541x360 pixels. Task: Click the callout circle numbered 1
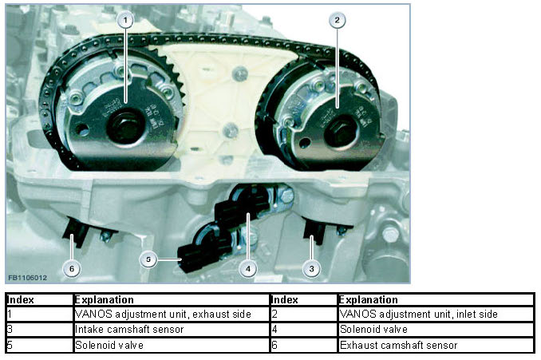coord(124,21)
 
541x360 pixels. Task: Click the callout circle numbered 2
coord(338,21)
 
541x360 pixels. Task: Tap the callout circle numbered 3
coord(313,269)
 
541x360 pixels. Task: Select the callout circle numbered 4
coord(249,269)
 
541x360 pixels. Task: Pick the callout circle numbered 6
coord(72,269)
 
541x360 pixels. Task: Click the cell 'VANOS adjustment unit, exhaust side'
coord(171,315)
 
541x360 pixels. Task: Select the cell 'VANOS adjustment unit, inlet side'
coord(436,315)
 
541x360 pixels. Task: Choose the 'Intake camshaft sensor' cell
coord(171,329)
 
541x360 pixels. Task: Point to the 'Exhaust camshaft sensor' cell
coord(436,345)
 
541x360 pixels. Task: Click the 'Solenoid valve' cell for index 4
coord(436,329)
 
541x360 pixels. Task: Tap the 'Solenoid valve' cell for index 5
coord(171,345)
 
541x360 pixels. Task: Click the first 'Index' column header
coord(38,300)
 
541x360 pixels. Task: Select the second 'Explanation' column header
coord(436,300)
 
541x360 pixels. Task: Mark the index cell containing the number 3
coord(38,329)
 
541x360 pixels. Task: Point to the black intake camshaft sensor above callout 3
coord(316,232)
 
